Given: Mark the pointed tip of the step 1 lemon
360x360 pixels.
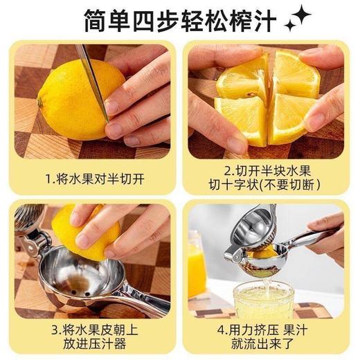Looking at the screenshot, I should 40,102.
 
